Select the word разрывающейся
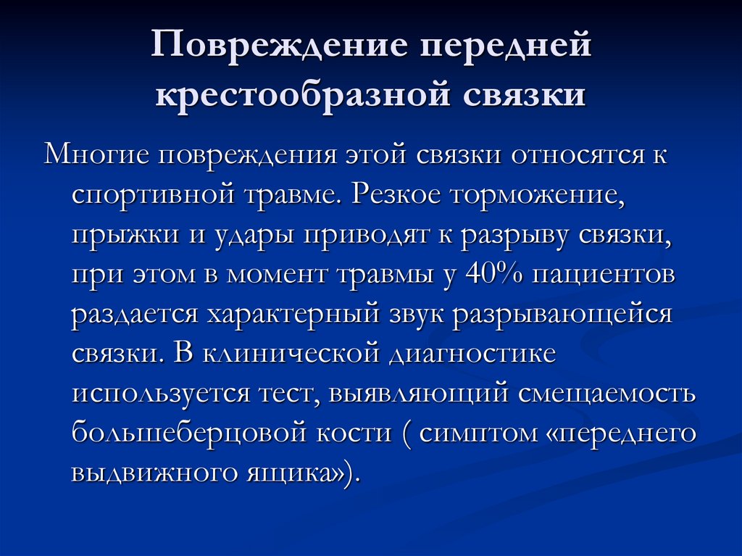point(564,317)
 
